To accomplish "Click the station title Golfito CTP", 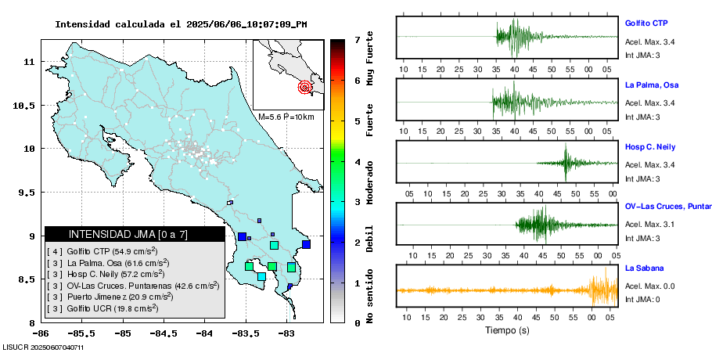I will click(645, 23).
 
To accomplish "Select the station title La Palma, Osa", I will click(651, 85).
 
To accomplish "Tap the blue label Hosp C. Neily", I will click(649, 147).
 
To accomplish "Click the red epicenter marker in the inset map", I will click(305, 88).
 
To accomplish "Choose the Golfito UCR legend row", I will click(102, 308).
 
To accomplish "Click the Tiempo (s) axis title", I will click(508, 330).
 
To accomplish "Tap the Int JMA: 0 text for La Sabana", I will click(642, 299).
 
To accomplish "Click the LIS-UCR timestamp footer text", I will click(43, 347).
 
